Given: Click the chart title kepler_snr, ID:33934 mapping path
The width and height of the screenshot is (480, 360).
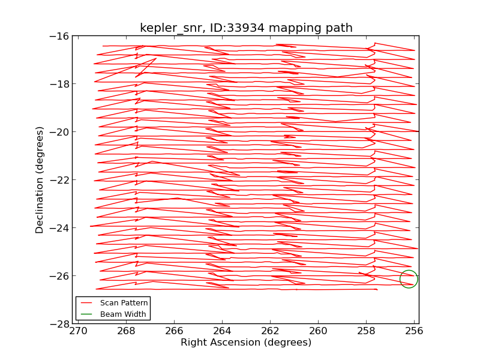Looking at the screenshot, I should click(246, 28).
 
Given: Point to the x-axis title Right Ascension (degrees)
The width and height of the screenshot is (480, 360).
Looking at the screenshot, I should click(246, 343).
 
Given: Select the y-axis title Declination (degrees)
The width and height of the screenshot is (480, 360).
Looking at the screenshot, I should click(40, 179).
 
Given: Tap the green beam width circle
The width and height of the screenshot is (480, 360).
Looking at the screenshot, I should click(409, 279).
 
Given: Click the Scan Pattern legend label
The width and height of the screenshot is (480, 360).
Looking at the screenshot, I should click(124, 303).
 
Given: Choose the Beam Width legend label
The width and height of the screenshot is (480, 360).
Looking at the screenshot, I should click(123, 314).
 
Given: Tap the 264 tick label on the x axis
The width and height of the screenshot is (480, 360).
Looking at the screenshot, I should click(222, 331).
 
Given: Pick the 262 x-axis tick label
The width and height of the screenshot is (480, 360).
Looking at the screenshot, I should click(270, 331).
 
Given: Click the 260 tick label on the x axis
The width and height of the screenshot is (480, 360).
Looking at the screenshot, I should click(318, 331).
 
